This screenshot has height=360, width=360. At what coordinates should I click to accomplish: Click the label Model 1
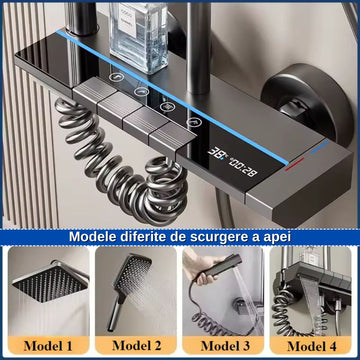pos(49,343)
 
